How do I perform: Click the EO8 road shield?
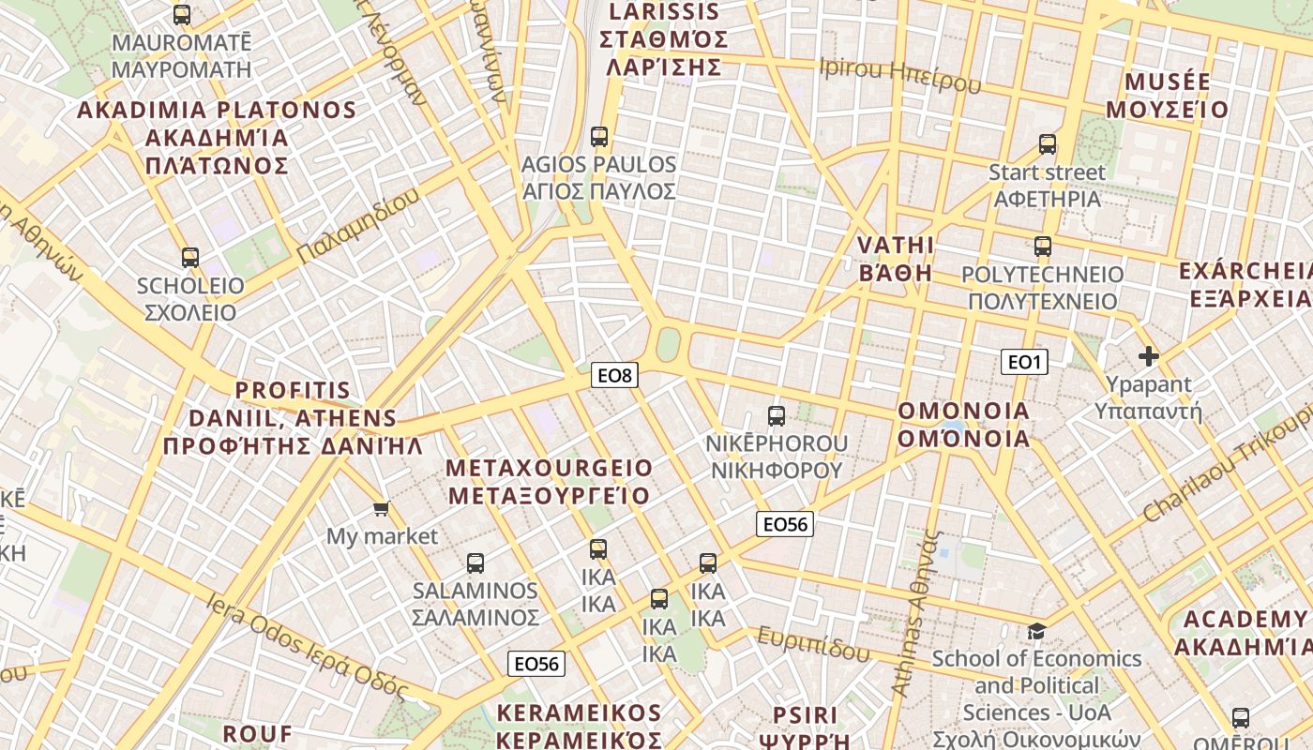[616, 376]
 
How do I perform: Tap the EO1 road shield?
[1024, 362]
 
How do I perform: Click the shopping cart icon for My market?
[381, 508]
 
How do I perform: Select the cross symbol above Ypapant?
[1148, 356]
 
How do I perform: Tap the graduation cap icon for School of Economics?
[1036, 630]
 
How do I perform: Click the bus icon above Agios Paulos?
[599, 137]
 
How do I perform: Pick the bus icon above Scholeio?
[190, 257]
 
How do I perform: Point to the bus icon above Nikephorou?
[777, 415]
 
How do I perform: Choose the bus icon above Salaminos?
[475, 562]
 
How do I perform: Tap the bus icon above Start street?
[1048, 144]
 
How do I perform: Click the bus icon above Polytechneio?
[1043, 247]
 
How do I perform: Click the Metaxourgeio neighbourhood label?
[549, 481]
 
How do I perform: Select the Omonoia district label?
[964, 425]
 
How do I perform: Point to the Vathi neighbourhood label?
[897, 259]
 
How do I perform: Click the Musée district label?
[1167, 96]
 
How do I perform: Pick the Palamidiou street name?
[358, 226]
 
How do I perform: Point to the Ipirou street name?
[899, 75]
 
